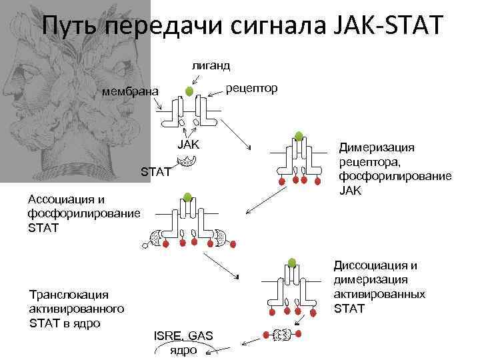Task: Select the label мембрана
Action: point(130,91)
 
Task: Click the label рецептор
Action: point(252,88)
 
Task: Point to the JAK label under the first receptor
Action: point(189,145)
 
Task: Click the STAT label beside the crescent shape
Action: point(157,172)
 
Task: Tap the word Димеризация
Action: point(377,148)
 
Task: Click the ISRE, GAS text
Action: point(183,336)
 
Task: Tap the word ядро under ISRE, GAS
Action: point(183,350)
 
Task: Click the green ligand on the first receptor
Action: point(189,90)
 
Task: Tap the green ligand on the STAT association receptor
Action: point(188,197)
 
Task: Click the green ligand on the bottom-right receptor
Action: point(291,261)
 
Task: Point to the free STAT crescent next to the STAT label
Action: point(187,161)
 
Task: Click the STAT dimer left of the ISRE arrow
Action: point(281,333)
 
